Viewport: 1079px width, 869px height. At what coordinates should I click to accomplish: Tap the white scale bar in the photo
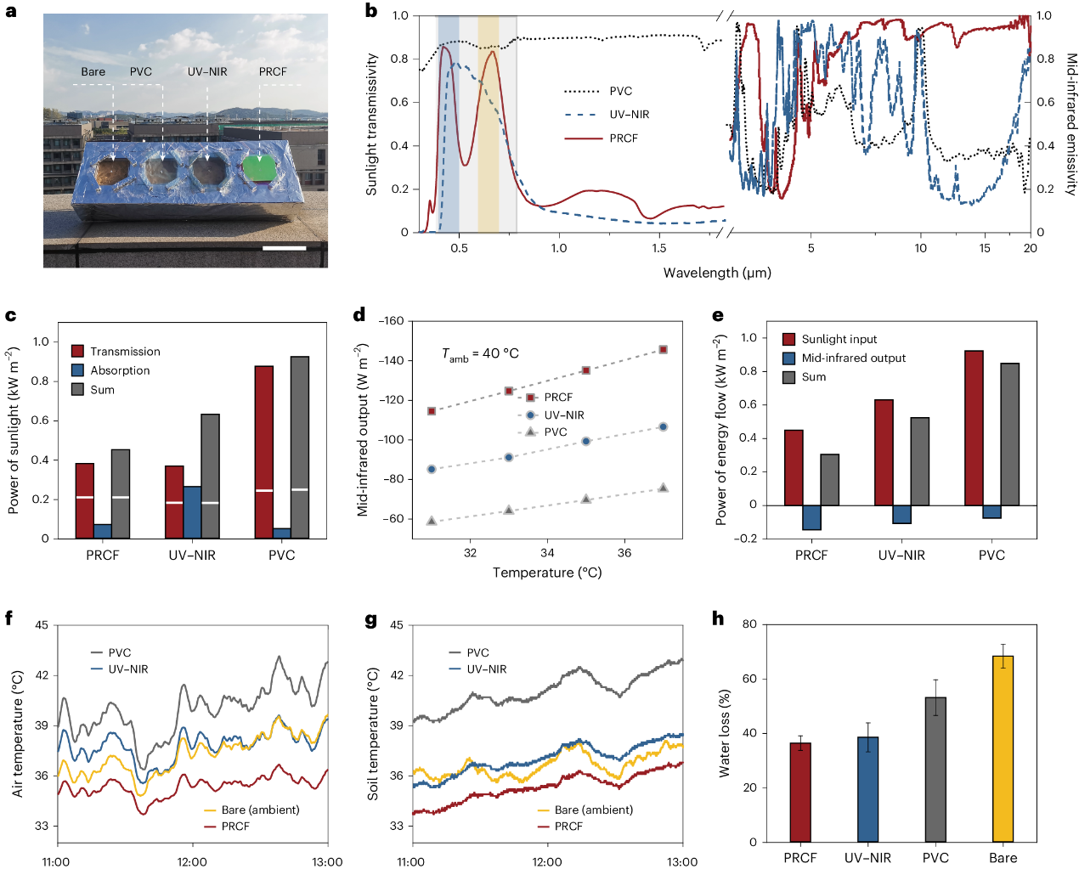[285, 248]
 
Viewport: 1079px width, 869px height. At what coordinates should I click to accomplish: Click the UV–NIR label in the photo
[207, 72]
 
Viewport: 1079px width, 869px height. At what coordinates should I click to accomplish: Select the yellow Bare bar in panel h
[1003, 748]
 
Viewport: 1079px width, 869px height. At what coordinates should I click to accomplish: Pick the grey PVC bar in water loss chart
[935, 769]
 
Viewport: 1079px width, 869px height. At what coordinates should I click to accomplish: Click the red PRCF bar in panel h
[800, 792]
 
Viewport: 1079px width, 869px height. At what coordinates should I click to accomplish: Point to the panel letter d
[359, 315]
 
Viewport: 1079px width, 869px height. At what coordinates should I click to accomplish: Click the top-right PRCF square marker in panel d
[664, 350]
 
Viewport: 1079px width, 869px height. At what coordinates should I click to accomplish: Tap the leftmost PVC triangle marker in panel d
[432, 521]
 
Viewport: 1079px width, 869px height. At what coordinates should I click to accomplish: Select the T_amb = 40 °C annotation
[480, 354]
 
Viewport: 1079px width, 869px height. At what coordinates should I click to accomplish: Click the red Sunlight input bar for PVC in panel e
[974, 427]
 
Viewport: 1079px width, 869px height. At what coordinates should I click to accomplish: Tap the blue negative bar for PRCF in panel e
[811, 517]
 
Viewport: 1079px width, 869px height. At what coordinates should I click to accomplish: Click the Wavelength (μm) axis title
[717, 273]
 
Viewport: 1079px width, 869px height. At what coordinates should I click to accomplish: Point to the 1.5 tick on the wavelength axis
[659, 248]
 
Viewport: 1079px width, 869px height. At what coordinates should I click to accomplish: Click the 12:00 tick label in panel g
[547, 861]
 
